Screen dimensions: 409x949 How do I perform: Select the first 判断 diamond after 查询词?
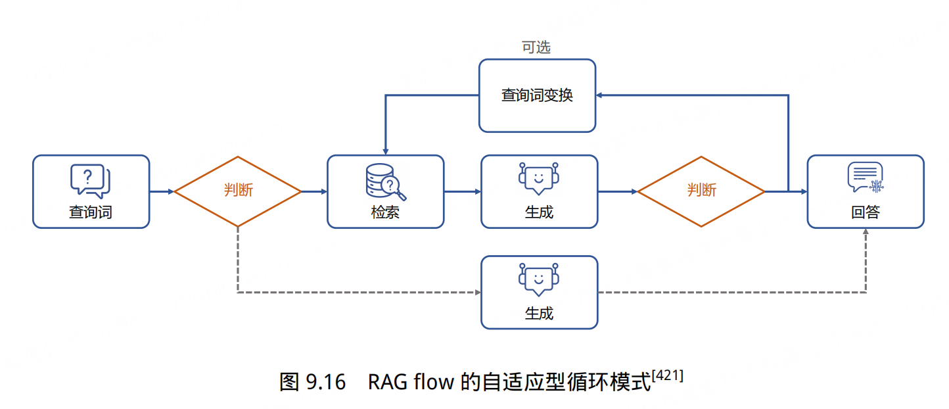[x=237, y=191]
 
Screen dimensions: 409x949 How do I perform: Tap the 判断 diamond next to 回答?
[x=701, y=191]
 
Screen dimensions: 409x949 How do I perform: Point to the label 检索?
[x=385, y=212]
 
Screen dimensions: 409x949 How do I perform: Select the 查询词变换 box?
[x=537, y=95]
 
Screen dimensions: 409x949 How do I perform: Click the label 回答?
[x=865, y=212]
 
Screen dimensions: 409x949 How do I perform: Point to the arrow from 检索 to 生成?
[x=462, y=191]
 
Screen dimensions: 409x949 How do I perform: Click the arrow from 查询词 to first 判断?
[x=162, y=191]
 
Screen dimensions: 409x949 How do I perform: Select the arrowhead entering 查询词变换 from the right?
[x=600, y=95]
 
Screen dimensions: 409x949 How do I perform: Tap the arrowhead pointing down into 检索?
[x=385, y=151]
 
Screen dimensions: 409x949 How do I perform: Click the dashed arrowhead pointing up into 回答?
[x=866, y=233]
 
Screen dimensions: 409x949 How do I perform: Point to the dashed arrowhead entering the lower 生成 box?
[x=477, y=292]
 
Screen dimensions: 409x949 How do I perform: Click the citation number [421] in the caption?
[x=667, y=375]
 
